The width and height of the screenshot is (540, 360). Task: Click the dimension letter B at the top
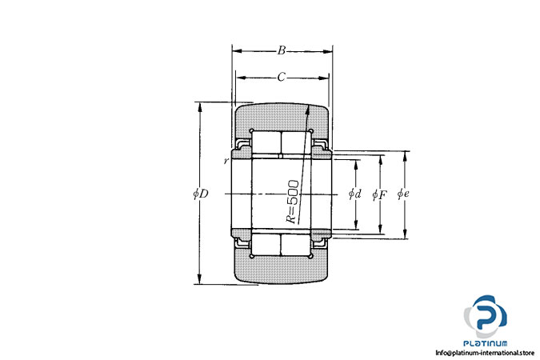tap(282, 50)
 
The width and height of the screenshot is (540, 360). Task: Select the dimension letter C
tap(282, 77)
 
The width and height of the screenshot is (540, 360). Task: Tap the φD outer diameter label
tap(201, 194)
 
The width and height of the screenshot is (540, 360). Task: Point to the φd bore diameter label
tap(354, 194)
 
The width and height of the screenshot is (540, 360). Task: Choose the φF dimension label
tap(379, 194)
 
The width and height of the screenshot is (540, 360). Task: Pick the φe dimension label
tap(403, 194)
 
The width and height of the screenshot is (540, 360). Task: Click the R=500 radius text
tap(293, 202)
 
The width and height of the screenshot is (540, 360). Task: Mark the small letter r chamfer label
tap(226, 161)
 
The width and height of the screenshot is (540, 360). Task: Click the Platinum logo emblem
tap(486, 316)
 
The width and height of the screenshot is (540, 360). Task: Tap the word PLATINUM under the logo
tap(486, 343)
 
